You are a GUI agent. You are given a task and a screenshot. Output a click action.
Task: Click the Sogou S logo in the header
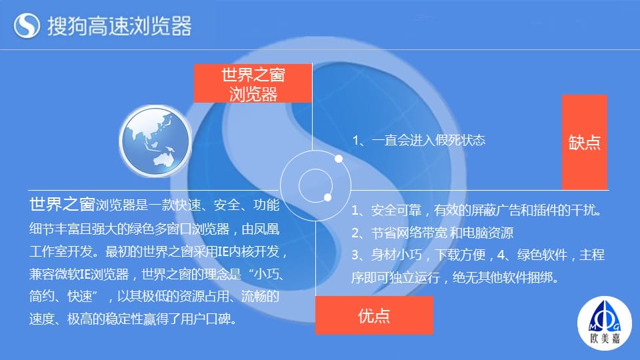click(27, 25)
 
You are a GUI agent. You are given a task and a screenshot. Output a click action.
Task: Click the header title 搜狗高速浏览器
click(119, 26)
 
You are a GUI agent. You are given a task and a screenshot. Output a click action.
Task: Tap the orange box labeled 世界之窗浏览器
click(253, 83)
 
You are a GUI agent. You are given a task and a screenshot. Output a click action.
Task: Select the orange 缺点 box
click(585, 142)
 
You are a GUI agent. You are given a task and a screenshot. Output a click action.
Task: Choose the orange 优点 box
click(374, 315)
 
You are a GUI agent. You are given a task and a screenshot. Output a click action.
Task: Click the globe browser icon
click(155, 141)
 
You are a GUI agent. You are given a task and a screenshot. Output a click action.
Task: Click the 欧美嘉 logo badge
click(605, 323)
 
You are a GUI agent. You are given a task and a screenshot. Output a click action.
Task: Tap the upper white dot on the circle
click(339, 159)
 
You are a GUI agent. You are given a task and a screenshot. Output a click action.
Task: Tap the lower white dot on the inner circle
click(327, 197)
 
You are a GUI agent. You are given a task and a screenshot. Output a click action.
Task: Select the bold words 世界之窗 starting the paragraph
click(62, 204)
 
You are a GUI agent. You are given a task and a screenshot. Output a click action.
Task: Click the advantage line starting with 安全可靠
click(476, 210)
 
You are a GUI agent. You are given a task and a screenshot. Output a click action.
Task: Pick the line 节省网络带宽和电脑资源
click(432, 233)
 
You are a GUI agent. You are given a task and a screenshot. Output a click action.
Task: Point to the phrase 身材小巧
click(396, 255)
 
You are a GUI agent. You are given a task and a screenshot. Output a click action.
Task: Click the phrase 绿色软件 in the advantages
click(542, 255)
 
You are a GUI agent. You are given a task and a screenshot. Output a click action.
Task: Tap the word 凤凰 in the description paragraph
click(266, 229)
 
